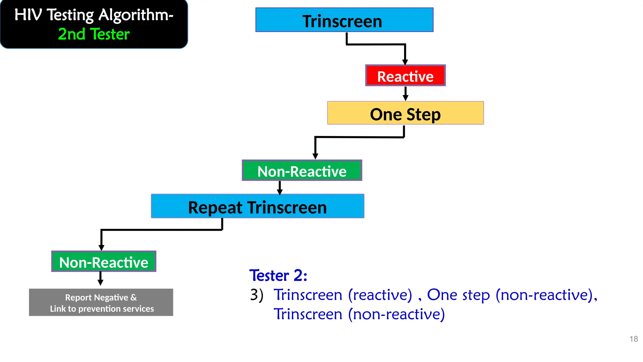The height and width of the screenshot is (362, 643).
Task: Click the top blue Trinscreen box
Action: point(344,20)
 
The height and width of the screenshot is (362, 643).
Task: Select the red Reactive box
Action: point(405,76)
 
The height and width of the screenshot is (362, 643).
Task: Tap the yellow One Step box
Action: point(405,113)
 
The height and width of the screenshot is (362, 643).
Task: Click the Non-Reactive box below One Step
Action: point(302,171)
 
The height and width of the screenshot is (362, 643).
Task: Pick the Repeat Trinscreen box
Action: point(257,206)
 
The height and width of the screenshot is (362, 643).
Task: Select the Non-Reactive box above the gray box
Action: point(104,261)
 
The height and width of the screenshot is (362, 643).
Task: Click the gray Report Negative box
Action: point(101,303)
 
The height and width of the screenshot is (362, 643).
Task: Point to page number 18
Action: point(633,339)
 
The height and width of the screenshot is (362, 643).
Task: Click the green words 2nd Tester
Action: point(94,34)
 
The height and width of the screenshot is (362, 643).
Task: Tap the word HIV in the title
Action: point(28,15)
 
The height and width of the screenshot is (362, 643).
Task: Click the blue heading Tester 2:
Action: point(278,276)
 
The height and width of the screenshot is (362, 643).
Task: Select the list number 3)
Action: point(257,295)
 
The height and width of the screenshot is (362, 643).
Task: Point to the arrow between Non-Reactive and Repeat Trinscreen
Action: point(280,188)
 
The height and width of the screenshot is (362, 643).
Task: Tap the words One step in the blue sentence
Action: point(458,295)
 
